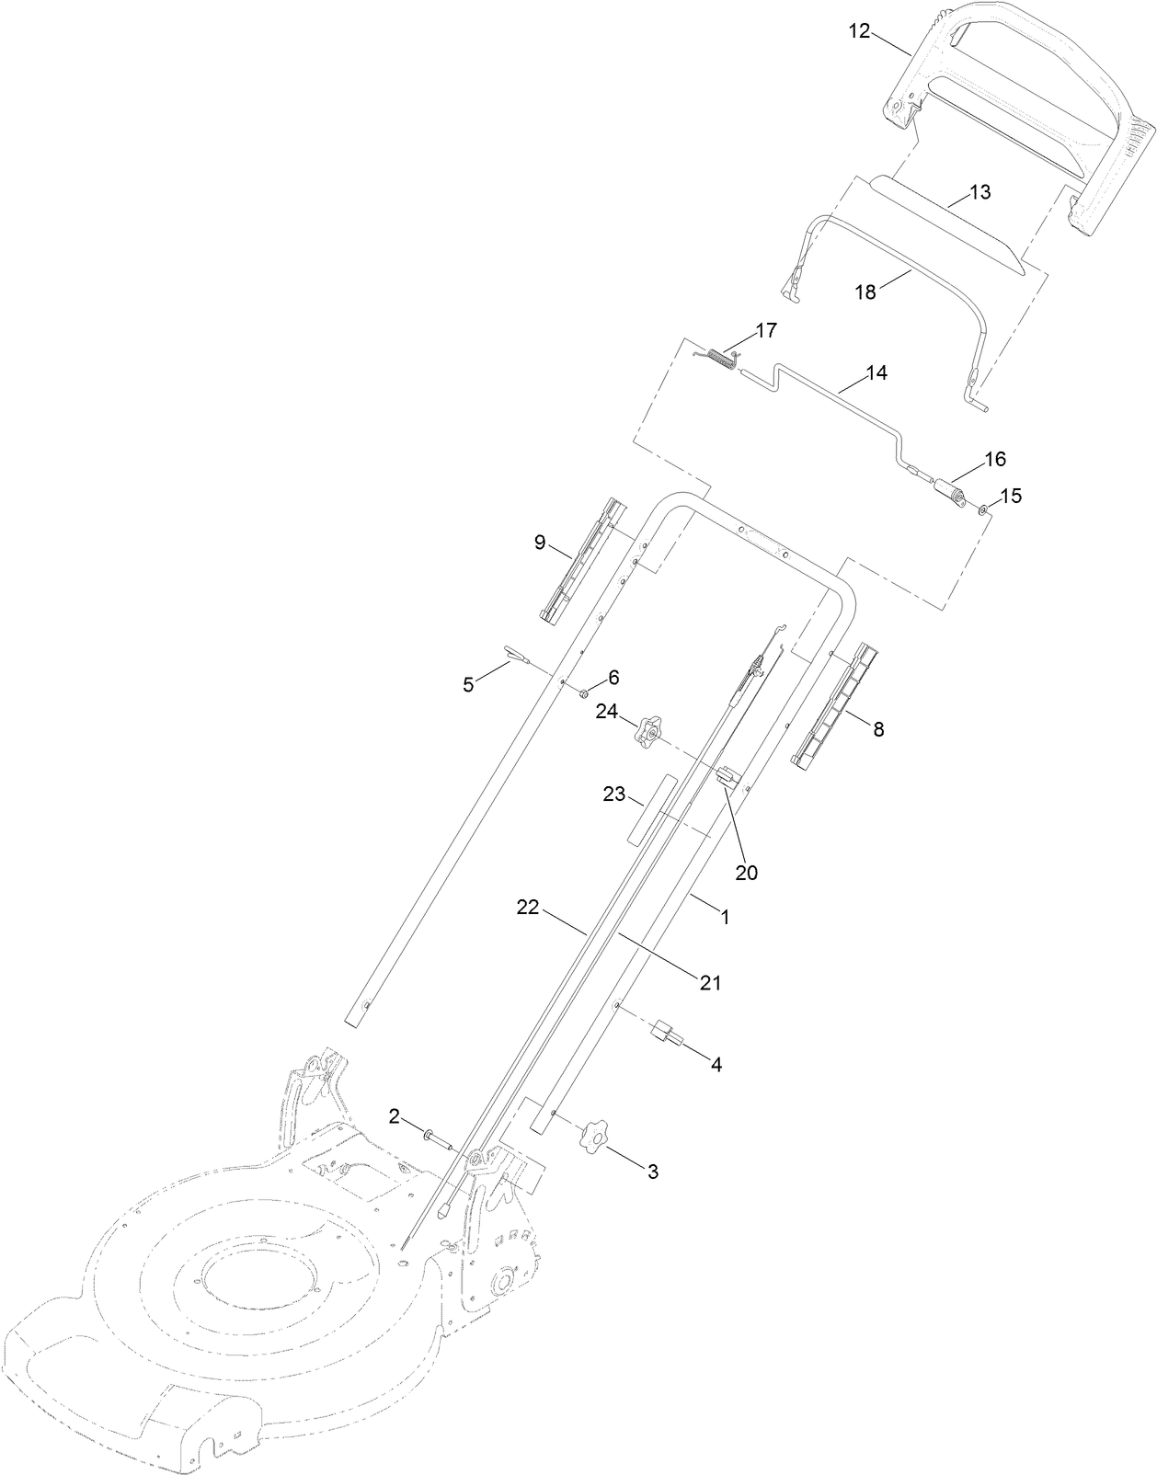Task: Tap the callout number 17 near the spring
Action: pos(766,330)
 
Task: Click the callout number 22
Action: pos(527,909)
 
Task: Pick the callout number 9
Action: pos(541,543)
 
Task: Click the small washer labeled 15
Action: pos(984,509)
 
